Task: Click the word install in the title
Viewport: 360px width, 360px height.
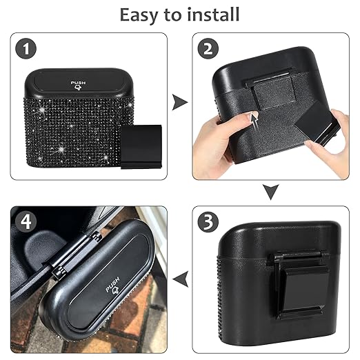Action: click(x=214, y=14)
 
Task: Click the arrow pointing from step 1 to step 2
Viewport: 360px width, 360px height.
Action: click(x=180, y=103)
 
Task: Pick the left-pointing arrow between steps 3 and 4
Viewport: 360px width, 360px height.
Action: click(x=180, y=277)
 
